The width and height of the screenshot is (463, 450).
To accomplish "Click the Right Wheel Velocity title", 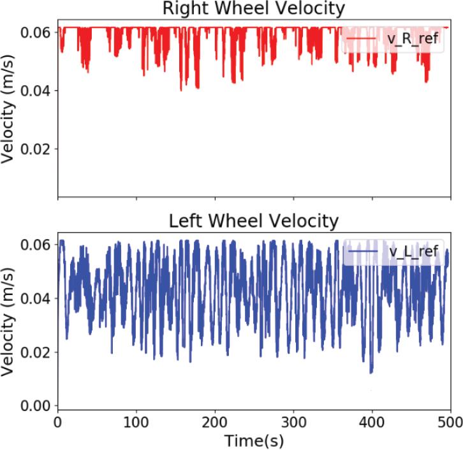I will pos(254,8).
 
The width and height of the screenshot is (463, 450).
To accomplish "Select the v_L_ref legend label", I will pos(413,251).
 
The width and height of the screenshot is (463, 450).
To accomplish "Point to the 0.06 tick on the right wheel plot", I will pos(38,32).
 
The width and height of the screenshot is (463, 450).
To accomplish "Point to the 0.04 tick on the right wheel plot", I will pos(38,90).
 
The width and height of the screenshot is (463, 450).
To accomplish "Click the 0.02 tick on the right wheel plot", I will pos(38,148).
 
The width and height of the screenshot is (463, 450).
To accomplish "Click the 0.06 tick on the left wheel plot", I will pos(38,245).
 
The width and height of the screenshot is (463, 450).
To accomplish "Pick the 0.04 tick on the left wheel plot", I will pos(38,298).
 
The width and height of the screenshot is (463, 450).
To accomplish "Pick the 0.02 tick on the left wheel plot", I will pos(38,352).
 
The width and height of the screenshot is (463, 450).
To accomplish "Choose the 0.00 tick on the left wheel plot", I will pos(38,406).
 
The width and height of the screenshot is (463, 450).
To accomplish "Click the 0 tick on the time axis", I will pos(58,421).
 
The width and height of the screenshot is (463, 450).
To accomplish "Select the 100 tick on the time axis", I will pos(136,421).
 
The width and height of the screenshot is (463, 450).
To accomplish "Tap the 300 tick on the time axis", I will pos(293,421).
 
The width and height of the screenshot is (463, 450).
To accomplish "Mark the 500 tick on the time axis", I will pos(450,421).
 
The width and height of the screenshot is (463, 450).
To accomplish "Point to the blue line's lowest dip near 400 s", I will pos(371,370).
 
